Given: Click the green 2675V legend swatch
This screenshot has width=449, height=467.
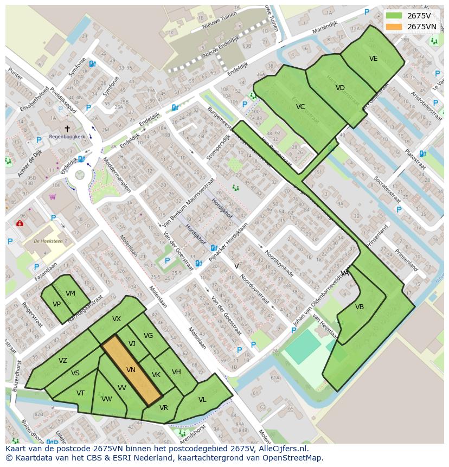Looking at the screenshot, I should [394, 16].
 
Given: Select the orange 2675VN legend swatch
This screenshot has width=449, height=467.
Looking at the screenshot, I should [394, 27].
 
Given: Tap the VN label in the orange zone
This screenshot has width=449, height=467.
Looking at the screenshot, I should [131, 369].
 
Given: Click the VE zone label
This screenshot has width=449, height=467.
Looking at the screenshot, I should [373, 59].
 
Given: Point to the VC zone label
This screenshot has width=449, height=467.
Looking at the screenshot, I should [300, 107].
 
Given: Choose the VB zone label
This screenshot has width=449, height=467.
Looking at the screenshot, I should [359, 307].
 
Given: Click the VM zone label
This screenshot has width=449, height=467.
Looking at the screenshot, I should [70, 293].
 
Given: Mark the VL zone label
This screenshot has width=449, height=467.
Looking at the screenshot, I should [202, 400].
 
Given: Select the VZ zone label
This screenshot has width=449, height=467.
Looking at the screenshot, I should [63, 361].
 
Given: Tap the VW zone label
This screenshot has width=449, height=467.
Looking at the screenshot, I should [106, 399].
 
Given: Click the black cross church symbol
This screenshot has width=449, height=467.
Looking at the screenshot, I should [67, 129].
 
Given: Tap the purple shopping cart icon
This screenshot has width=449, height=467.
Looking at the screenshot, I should [53, 196].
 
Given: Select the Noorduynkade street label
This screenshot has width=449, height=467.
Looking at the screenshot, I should [279, 263].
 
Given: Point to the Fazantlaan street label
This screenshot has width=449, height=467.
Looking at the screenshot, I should [44, 270].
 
